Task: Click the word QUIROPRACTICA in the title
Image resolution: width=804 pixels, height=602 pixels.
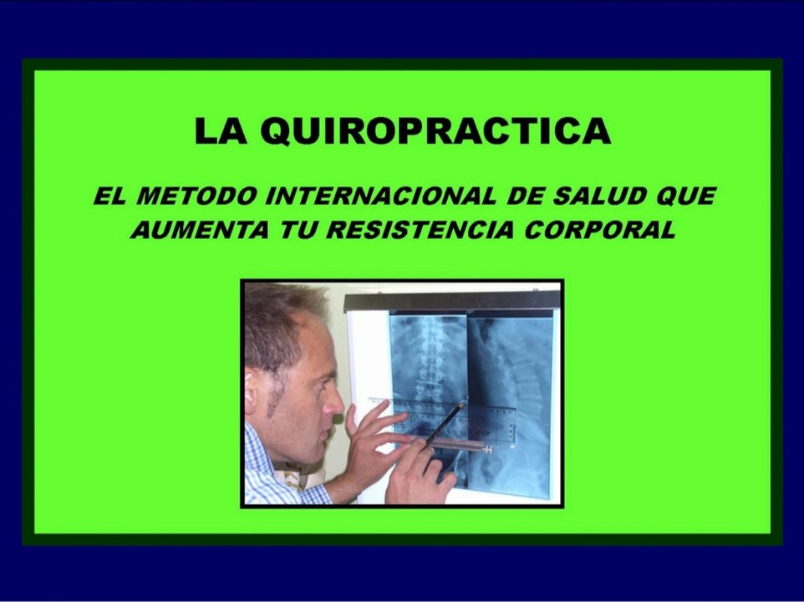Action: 435,132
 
